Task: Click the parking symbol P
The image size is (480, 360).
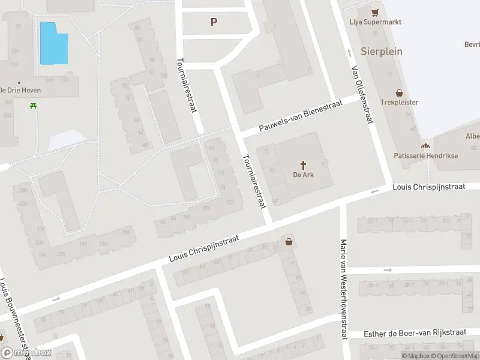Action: pos(214,22)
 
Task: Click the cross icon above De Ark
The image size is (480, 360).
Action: pos(304,164)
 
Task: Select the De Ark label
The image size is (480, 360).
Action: pos(304,175)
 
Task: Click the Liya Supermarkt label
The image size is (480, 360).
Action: pos(376,22)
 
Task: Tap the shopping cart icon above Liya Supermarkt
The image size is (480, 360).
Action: pos(376,12)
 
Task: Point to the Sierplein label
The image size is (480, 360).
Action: pos(382,51)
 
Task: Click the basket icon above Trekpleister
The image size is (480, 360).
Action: pos(400,93)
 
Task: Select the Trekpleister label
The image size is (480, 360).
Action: pos(400,103)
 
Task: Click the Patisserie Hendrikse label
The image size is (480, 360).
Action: pos(425,155)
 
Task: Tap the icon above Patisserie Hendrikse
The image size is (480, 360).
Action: pos(425,146)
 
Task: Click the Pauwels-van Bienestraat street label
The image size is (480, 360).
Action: pos(301,117)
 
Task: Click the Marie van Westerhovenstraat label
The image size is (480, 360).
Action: pos(344,290)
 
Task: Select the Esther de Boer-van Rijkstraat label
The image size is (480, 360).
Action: pos(415,333)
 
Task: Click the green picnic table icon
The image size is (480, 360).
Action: pos(32,106)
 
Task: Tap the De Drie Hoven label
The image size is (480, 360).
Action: pos(20,91)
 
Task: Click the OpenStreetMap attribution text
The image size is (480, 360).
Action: pos(455,356)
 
